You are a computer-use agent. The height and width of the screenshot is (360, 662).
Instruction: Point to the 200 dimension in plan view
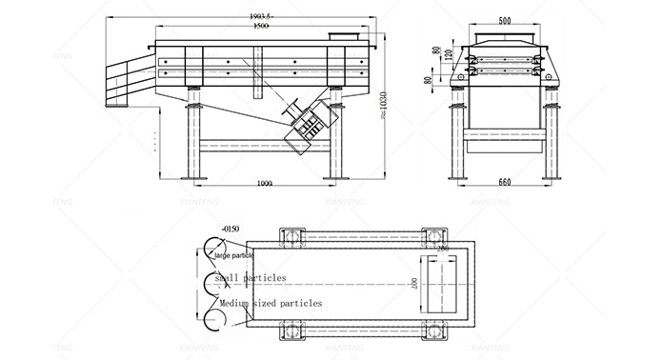click(x=441, y=248)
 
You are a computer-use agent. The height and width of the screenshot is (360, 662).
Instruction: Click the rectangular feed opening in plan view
click(x=441, y=283)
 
